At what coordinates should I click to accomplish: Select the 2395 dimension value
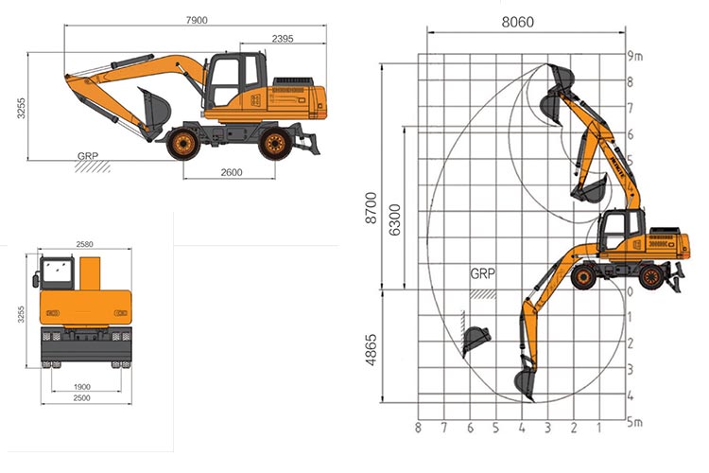click(285, 38)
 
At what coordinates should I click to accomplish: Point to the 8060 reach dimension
click(516, 20)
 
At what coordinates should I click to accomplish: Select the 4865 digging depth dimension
click(372, 351)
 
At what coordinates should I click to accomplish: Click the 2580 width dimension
click(84, 245)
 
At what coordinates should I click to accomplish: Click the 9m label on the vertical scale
click(635, 57)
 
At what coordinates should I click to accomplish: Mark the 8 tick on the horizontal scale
click(417, 429)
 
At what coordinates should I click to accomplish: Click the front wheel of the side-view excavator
click(182, 144)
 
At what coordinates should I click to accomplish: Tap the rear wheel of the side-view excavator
click(274, 144)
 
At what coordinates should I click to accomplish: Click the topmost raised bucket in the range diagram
click(559, 76)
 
